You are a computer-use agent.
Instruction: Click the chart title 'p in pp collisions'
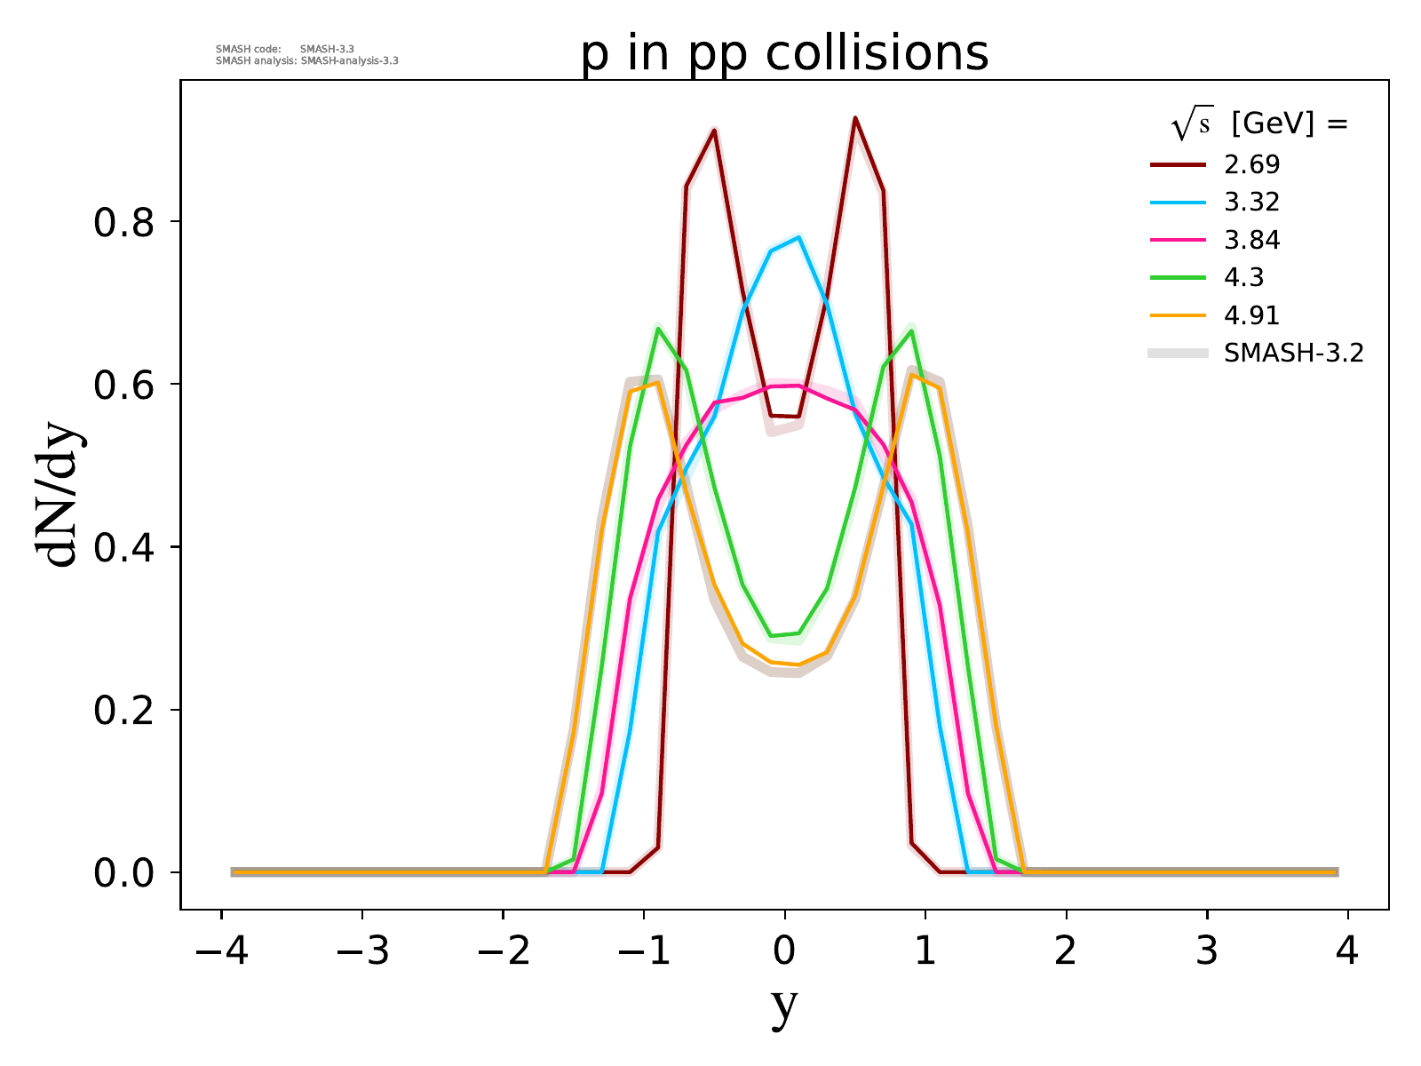[x=784, y=53]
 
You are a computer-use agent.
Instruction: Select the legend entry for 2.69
[x=1251, y=164]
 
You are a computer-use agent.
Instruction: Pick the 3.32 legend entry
[x=1251, y=203]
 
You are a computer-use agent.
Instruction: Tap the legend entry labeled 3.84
[x=1251, y=240]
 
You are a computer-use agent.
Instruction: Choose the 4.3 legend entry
[x=1243, y=278]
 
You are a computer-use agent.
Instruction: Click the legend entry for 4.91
[x=1251, y=315]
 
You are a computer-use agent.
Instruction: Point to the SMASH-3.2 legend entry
[x=1293, y=354]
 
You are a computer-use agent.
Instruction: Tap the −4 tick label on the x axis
[x=221, y=951]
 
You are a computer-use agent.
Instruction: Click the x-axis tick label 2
[x=1066, y=951]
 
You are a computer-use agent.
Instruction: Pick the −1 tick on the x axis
[x=644, y=951]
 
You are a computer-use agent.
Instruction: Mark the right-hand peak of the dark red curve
[x=854, y=118]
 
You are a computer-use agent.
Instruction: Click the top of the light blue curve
[x=799, y=237]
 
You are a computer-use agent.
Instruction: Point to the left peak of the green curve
[x=658, y=329]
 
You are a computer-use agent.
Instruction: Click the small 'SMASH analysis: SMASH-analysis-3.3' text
[x=307, y=61]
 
